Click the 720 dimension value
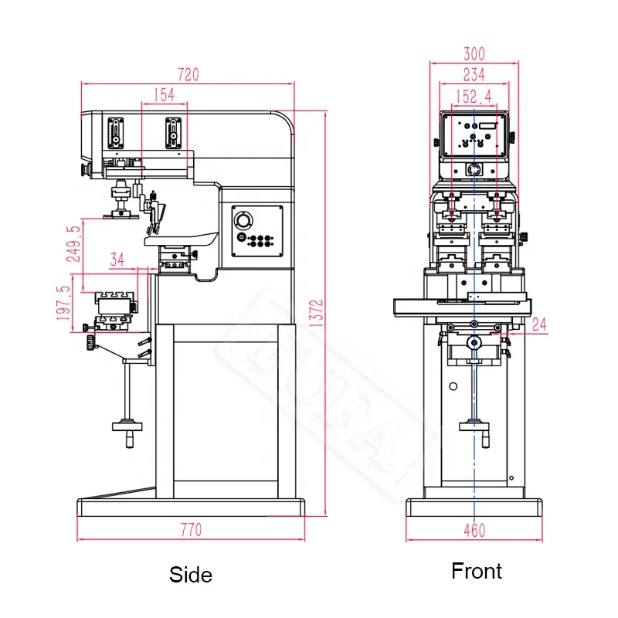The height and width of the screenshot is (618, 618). (188, 75)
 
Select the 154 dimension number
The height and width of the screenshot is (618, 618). (164, 94)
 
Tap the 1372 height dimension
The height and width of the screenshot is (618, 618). (315, 313)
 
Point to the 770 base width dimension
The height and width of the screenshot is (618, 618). (191, 530)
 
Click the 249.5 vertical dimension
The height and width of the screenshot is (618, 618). (73, 244)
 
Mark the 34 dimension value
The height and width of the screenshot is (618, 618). (117, 260)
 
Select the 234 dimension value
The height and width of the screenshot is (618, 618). (474, 74)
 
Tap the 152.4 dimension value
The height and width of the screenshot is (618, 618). (473, 97)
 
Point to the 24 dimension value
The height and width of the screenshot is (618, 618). (538, 324)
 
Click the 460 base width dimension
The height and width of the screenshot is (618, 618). (474, 530)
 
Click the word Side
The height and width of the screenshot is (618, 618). (191, 575)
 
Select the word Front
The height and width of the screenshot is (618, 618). (477, 571)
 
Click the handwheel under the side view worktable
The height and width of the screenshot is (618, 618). (127, 424)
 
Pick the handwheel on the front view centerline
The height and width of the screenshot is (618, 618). (474, 423)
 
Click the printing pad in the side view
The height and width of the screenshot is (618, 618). (120, 211)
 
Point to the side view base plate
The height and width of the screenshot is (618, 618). (192, 508)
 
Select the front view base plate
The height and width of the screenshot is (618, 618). (474, 508)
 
